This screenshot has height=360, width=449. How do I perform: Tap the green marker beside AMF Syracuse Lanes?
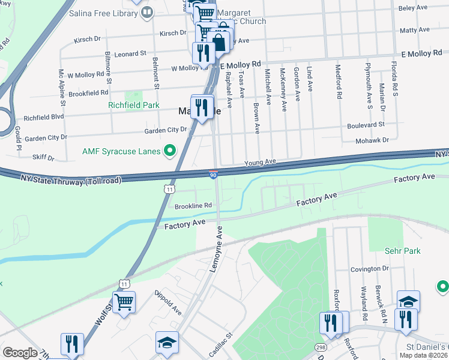coord(170,151)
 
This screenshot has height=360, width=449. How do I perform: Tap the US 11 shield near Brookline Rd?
coord(170,189)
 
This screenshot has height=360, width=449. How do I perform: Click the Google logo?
coord(20,352)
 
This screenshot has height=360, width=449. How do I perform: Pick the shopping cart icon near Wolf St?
coord(124,302)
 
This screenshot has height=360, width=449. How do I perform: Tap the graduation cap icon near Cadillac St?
coord(167,342)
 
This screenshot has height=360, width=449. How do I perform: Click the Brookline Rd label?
coord(193,205)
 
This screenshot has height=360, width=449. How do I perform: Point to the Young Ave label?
coord(259,162)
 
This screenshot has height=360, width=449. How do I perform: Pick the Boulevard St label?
coord(366,125)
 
